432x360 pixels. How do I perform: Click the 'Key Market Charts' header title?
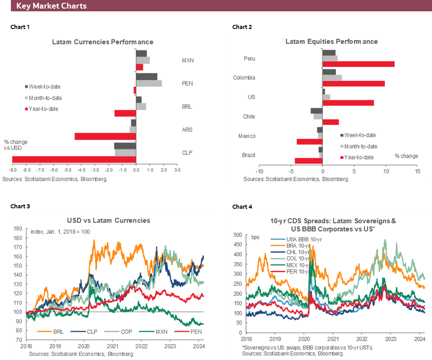(x=51, y=6)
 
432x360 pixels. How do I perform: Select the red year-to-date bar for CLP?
(x=74, y=159)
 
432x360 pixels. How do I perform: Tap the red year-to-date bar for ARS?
(x=105, y=136)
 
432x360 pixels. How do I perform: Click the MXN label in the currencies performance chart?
(x=187, y=60)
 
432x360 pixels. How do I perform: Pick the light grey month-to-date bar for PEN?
(x=149, y=83)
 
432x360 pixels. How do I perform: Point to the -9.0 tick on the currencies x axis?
(x=12, y=170)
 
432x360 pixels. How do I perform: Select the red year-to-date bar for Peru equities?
(x=358, y=64)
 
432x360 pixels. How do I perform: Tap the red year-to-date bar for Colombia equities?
(x=353, y=83)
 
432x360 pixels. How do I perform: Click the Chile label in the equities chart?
(x=249, y=116)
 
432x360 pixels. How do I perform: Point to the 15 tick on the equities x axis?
(x=417, y=171)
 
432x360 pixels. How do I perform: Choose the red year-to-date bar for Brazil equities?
(x=308, y=161)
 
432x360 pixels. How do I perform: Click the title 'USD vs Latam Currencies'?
(x=109, y=221)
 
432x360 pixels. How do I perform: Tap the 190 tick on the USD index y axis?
(x=18, y=228)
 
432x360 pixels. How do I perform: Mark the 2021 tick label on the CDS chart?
(x=333, y=338)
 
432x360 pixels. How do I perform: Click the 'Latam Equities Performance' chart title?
(x=331, y=42)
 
